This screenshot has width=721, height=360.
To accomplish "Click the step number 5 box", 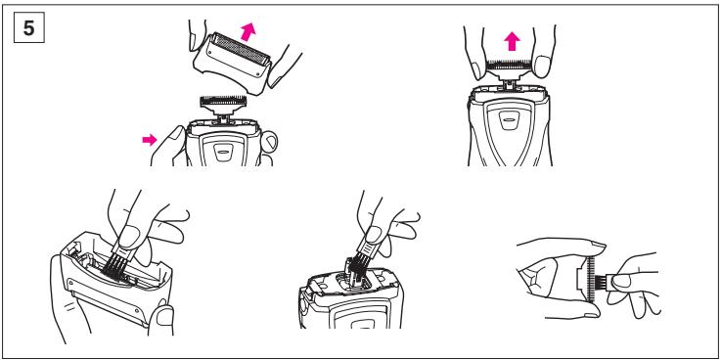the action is point(29,29).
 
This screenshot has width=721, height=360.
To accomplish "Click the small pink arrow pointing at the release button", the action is point(150,139).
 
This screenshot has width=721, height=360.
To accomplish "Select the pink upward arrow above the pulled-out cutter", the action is point(512,42).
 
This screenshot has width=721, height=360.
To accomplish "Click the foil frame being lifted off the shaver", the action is point(232,63).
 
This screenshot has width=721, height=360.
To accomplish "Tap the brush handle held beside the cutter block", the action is point(617,280).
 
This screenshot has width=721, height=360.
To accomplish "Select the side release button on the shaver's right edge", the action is point(269,141).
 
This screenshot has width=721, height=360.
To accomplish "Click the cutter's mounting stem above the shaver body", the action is point(509,84).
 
